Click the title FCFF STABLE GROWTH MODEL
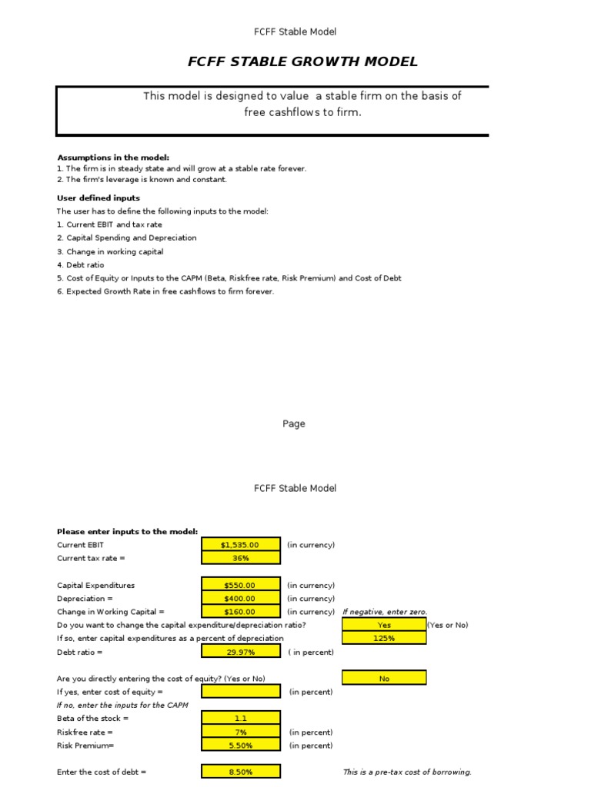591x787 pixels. pyautogui.click(x=302, y=62)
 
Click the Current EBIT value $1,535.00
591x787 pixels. pyautogui.click(x=240, y=545)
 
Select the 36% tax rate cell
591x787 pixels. pyautogui.click(x=240, y=558)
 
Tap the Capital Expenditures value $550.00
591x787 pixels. pyautogui.click(x=240, y=585)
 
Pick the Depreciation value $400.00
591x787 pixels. pyautogui.click(x=240, y=599)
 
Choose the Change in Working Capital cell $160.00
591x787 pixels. pyautogui.click(x=240, y=612)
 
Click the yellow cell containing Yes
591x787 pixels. pyautogui.click(x=384, y=625)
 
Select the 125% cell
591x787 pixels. pyautogui.click(x=384, y=638)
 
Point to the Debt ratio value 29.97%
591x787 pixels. pyautogui.click(x=240, y=652)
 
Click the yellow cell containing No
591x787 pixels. pyautogui.click(x=384, y=678)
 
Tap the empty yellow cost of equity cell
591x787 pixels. pyautogui.click(x=240, y=692)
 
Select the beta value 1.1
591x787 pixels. pyautogui.click(x=240, y=719)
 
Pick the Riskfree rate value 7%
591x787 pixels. pyautogui.click(x=240, y=732)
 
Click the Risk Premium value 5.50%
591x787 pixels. pyautogui.click(x=240, y=745)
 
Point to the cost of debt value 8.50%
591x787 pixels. pyautogui.click(x=240, y=772)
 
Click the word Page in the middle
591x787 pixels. pyautogui.click(x=294, y=423)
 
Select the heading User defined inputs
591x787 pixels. pyautogui.click(x=98, y=198)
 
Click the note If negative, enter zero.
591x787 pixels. pyautogui.click(x=385, y=612)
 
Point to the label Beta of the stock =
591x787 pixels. pyautogui.click(x=93, y=719)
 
